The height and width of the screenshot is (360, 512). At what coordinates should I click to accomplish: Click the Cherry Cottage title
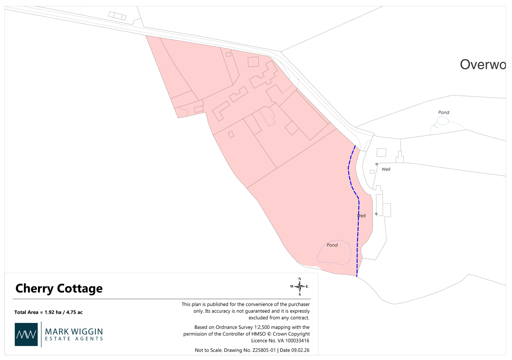(59, 288)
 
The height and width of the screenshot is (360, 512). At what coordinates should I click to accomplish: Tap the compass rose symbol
(299, 287)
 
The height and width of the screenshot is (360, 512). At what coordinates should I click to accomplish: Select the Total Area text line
(48, 312)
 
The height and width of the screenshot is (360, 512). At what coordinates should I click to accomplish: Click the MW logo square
(26, 334)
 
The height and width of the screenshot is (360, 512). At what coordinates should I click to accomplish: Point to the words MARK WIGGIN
(74, 331)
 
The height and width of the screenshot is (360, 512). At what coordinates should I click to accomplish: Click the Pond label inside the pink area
(332, 245)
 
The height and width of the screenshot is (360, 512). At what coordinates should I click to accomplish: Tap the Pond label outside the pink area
(443, 112)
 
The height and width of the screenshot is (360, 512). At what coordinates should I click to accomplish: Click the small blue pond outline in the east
(443, 121)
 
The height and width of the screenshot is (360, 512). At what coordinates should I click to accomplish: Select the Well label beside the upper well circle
(386, 169)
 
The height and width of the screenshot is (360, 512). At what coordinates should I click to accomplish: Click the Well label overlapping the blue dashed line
(362, 216)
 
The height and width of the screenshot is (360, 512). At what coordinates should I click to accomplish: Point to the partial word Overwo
(482, 65)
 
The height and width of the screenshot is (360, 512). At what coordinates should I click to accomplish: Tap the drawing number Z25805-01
(264, 350)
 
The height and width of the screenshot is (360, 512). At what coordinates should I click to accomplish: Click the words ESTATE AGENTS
(74, 338)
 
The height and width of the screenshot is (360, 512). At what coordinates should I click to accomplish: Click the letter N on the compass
(300, 279)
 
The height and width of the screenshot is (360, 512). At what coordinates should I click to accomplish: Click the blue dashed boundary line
(358, 230)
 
